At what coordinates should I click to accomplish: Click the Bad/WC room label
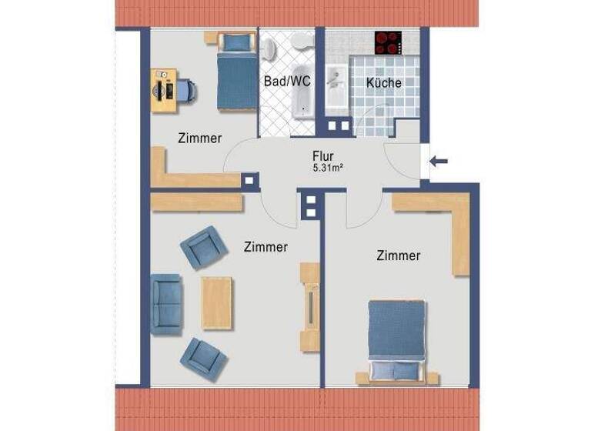pyautogui.click(x=287, y=81)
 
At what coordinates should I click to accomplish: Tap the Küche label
pyautogui.click(x=383, y=83)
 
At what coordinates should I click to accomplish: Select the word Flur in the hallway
pyautogui.click(x=322, y=154)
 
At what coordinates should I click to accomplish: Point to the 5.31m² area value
pyautogui.click(x=326, y=166)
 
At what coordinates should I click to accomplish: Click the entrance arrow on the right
pyautogui.click(x=439, y=161)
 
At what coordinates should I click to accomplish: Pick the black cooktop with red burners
pyautogui.click(x=389, y=42)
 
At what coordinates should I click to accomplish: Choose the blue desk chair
pyautogui.click(x=187, y=92)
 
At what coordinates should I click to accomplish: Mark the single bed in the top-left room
pyautogui.click(x=235, y=72)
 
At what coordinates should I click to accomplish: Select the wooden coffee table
pyautogui.click(x=216, y=302)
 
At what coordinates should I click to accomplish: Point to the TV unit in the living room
pyautogui.click(x=309, y=306)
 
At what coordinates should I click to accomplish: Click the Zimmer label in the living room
pyautogui.click(x=265, y=247)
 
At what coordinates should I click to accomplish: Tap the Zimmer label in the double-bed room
pyautogui.click(x=398, y=256)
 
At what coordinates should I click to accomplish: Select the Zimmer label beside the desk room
pyautogui.click(x=199, y=139)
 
